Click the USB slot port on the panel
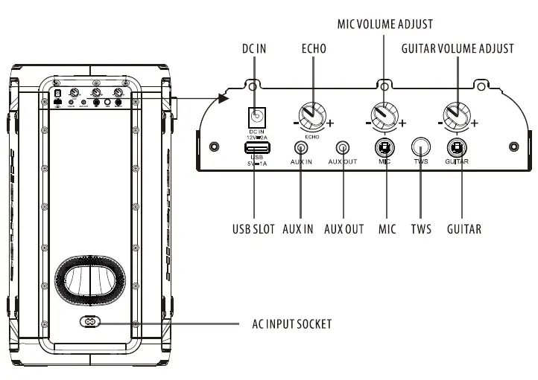click(x=255, y=147)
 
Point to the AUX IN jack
click(x=302, y=147)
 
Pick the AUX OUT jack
click(x=343, y=147)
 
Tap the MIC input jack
click(x=384, y=146)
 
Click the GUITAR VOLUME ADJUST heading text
click(x=457, y=49)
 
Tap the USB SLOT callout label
click(x=253, y=229)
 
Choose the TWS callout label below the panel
click(x=421, y=229)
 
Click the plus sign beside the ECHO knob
click(x=331, y=123)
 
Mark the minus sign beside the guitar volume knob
click(x=440, y=123)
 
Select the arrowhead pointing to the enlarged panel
click(x=221, y=97)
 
